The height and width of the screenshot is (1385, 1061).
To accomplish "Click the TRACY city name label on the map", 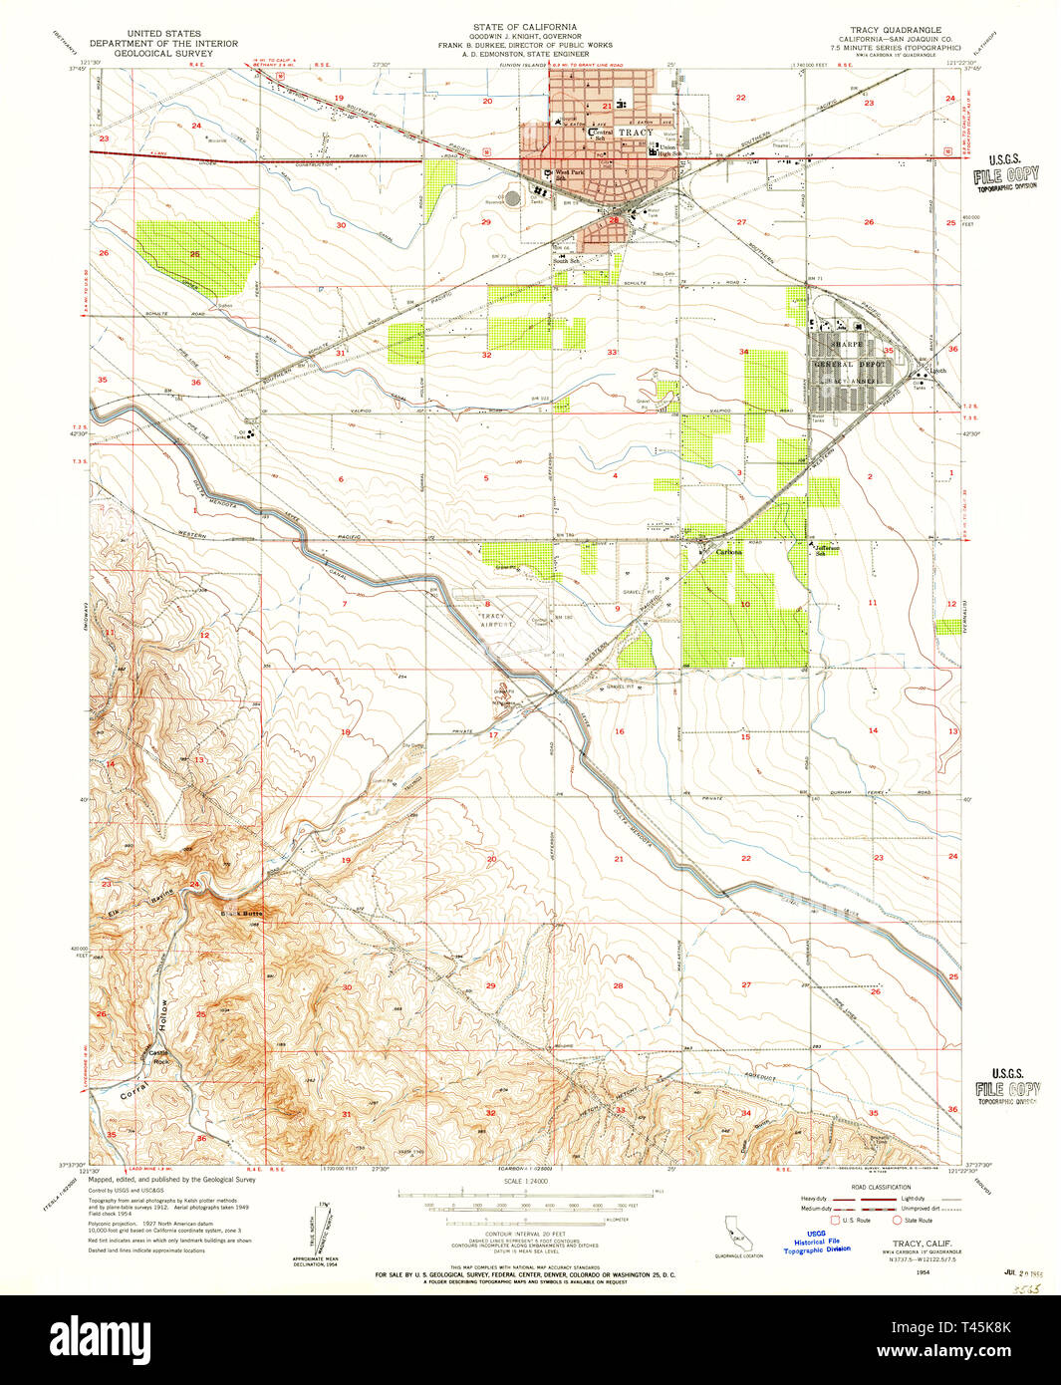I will point(635,133).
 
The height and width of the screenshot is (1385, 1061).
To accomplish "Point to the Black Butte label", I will point(240,913).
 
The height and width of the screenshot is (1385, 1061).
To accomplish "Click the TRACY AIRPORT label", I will point(494,621).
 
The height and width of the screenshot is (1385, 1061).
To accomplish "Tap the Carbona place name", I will point(728,552).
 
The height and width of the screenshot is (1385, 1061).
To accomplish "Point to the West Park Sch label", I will point(571,173).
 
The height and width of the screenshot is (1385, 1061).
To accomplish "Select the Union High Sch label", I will point(666,150).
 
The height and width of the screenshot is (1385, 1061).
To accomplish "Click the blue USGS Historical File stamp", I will point(816,1241).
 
